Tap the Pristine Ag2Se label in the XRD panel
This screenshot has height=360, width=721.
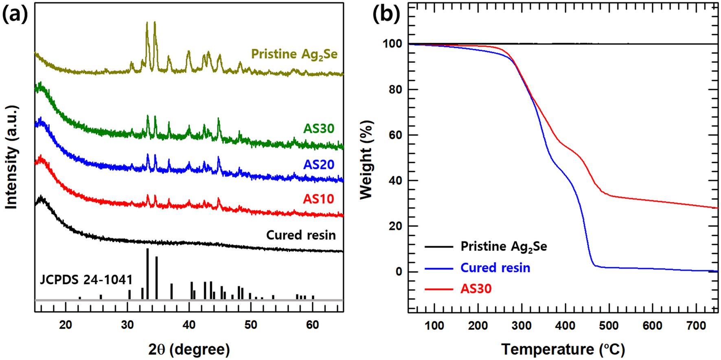294,54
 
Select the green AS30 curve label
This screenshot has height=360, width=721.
319,129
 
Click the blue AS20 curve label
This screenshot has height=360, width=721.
319,165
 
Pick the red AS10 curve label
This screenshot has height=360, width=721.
318,199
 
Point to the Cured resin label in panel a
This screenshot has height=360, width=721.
301,235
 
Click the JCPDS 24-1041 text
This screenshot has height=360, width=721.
86,280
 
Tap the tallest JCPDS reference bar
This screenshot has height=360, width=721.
147,274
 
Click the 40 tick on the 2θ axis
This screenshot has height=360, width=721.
189,325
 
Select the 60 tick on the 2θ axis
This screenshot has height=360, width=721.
312,325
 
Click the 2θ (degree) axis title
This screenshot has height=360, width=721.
189,349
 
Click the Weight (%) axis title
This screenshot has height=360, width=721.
366,160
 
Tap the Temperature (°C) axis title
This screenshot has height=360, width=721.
563,349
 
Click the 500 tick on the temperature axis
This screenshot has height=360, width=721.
609,326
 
